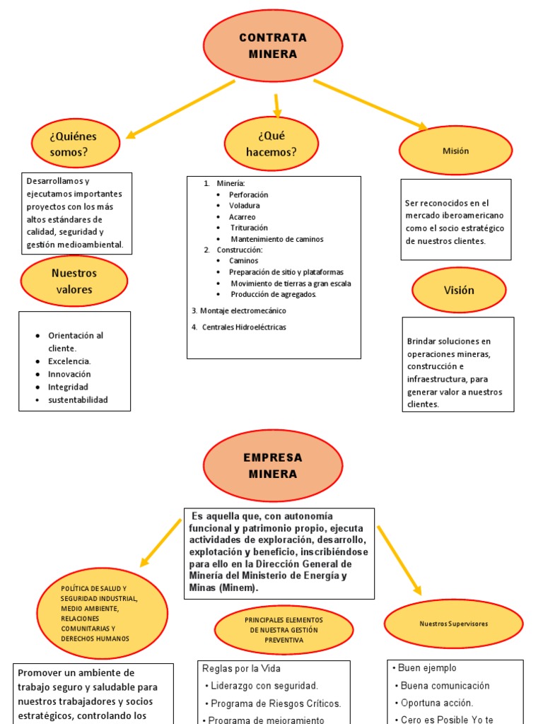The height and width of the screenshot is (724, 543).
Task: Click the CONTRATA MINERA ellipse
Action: point(273,46)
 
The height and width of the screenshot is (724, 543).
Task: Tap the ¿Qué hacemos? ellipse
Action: point(271,144)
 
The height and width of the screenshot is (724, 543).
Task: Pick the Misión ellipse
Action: point(455,151)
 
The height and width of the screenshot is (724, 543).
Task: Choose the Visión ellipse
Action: point(459,290)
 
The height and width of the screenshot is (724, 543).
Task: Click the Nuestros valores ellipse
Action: point(74,281)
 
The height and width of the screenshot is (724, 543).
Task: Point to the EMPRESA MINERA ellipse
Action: point(273,465)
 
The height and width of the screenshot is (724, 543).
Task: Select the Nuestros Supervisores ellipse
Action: point(453,624)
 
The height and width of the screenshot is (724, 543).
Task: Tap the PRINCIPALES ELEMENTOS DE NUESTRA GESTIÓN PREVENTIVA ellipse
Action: point(284,629)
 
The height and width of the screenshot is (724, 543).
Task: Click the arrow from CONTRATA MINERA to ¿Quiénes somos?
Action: point(180,109)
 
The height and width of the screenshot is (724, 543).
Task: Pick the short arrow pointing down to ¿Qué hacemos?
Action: point(277,105)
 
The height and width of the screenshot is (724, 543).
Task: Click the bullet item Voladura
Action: point(244,206)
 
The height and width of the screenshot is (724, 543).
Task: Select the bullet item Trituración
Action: point(249,228)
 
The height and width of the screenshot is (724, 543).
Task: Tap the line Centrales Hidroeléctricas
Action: point(243,327)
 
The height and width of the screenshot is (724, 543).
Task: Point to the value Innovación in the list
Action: point(69,374)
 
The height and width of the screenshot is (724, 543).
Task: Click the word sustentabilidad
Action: point(78,400)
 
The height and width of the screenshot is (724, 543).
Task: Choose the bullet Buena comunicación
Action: point(445,685)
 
